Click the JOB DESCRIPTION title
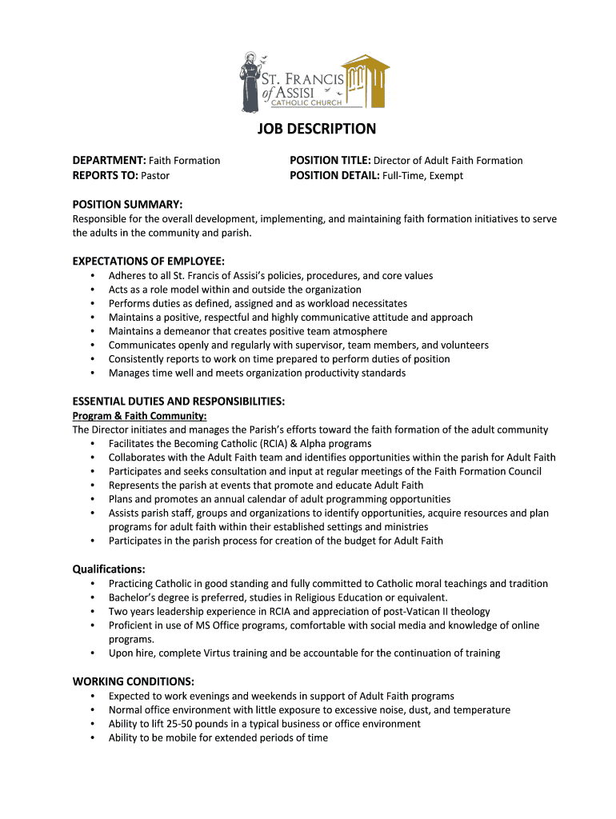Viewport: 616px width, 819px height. (x=316, y=129)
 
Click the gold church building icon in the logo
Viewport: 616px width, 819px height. (x=366, y=79)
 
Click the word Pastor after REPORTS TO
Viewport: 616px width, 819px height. (x=155, y=175)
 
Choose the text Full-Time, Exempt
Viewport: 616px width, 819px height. (x=423, y=175)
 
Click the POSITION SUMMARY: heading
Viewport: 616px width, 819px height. (x=127, y=205)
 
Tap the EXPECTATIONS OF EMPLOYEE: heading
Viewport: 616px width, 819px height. (x=148, y=261)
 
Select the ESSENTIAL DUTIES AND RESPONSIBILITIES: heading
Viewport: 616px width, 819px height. (x=178, y=401)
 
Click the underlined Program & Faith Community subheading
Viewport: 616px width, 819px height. (x=139, y=416)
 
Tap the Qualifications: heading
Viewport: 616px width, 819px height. (x=109, y=569)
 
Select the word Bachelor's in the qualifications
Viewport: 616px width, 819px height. (x=134, y=597)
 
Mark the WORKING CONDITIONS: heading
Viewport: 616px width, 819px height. (x=133, y=681)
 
